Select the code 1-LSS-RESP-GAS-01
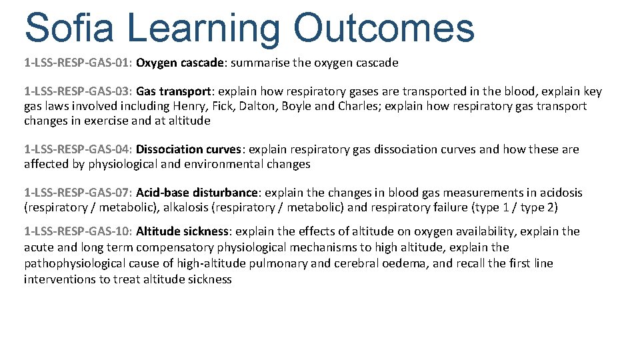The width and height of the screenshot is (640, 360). click(79, 63)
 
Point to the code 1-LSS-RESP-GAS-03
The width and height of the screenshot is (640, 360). click(79, 91)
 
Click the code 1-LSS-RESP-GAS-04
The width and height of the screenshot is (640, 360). click(79, 149)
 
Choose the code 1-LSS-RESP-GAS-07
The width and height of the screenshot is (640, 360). click(79, 193)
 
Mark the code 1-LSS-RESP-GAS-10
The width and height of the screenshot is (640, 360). click(79, 231)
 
